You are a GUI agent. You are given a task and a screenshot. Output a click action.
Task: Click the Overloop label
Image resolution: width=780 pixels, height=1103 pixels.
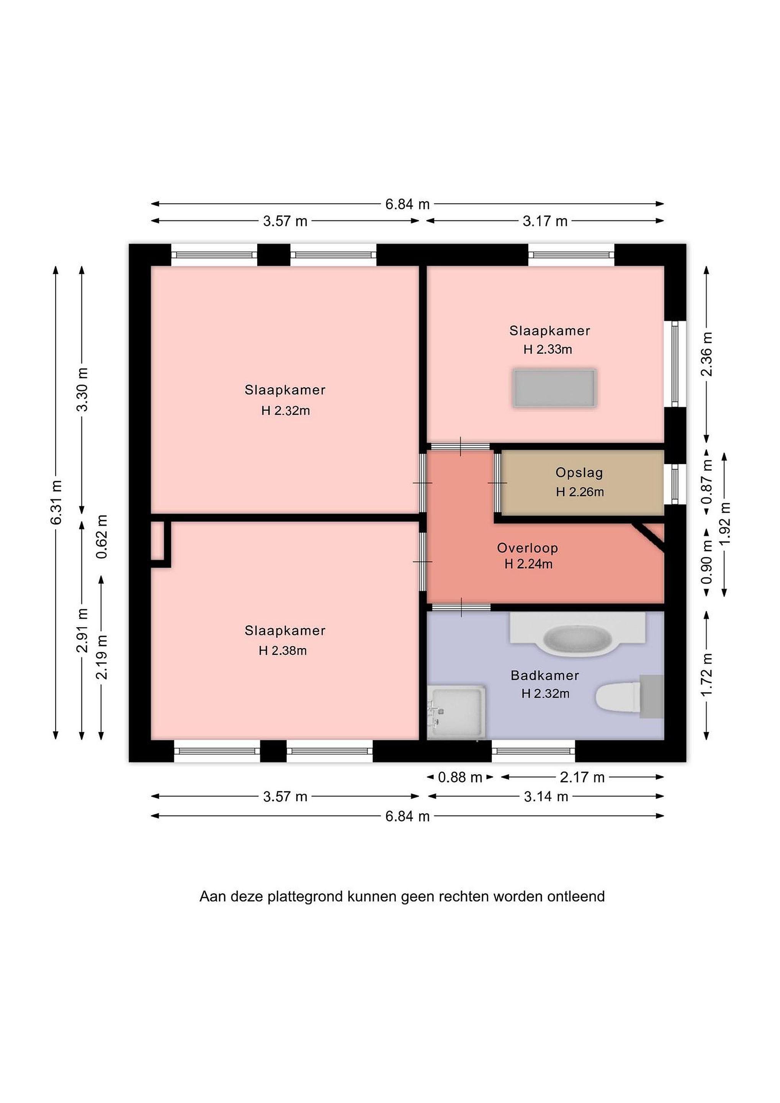coord(527,548)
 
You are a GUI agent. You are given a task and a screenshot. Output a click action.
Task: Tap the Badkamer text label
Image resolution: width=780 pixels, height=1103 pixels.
coord(545,676)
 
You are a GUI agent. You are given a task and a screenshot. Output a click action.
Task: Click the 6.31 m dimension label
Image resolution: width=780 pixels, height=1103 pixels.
coord(56,502)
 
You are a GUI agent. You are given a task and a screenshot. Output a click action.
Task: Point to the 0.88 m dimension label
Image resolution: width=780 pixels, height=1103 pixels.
coord(459,777)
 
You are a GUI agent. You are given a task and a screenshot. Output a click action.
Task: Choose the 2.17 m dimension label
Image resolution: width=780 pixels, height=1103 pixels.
coord(582,777)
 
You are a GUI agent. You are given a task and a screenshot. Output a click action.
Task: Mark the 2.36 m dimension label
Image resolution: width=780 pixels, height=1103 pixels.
coord(706,354)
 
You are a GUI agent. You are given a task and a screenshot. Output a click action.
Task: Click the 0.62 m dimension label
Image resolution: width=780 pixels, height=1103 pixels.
coord(102,537)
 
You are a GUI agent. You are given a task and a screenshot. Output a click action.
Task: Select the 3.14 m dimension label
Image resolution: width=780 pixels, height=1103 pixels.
coord(546,797)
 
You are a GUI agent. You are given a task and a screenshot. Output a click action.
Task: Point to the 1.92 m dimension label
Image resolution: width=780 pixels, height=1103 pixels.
coord(725,524)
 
